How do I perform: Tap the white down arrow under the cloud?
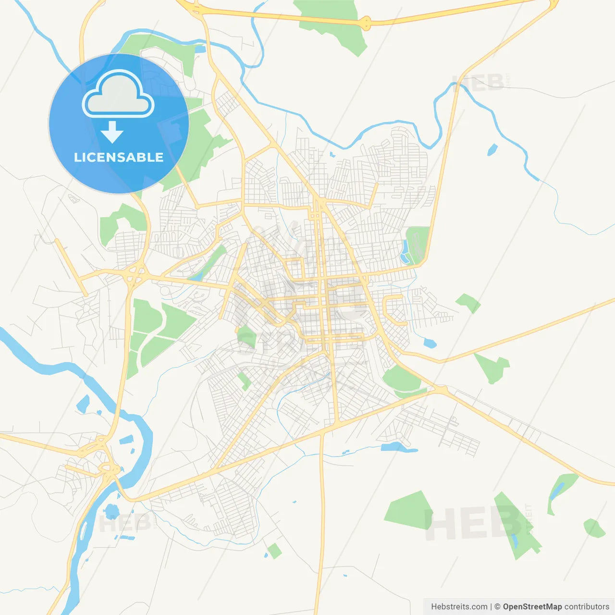point(112,132)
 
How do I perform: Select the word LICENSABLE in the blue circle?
point(119,157)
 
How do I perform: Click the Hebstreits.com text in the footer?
point(459,607)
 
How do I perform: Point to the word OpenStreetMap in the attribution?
point(532,607)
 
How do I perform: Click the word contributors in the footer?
point(587,607)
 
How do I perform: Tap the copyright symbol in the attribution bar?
point(497,607)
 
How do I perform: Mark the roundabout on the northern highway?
point(366,22)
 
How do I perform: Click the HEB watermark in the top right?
point(478,83)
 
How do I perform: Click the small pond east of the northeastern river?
point(492,149)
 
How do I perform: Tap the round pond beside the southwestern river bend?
point(111,510)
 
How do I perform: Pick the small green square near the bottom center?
point(274,551)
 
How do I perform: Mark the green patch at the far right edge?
point(594,528)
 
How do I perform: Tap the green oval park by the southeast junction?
point(402,379)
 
